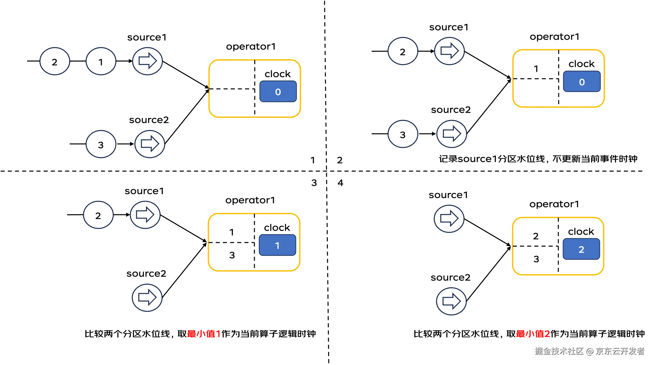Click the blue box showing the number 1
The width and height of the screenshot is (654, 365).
pyautogui.click(x=277, y=245)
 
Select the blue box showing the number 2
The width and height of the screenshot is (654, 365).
pyautogui.click(x=581, y=249)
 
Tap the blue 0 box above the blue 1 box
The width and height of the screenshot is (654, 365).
pyautogui.click(x=278, y=92)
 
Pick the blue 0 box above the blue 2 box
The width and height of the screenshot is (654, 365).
pyautogui.click(x=582, y=82)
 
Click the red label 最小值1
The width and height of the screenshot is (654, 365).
pyautogui.click(x=203, y=334)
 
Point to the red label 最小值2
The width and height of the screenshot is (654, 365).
pyautogui.click(x=533, y=334)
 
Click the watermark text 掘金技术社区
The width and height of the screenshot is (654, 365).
pyautogui.click(x=559, y=351)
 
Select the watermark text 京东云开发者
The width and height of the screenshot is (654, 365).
pyautogui.click(x=620, y=351)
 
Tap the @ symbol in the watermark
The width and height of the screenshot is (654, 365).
pyautogui.click(x=589, y=351)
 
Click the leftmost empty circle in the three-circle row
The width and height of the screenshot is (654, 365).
pyautogui.click(x=55, y=61)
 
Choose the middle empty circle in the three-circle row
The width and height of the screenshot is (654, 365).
pyautogui.click(x=101, y=61)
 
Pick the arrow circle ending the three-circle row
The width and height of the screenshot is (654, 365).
pyautogui.click(x=147, y=61)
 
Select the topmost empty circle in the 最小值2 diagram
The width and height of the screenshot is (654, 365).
pyautogui.click(x=403, y=51)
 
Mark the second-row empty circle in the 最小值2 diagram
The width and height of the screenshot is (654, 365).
pyautogui.click(x=403, y=134)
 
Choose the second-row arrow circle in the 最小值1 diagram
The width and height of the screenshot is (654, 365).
pyautogui.click(x=149, y=144)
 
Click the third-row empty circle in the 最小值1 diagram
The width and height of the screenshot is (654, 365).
pyautogui.click(x=98, y=215)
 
